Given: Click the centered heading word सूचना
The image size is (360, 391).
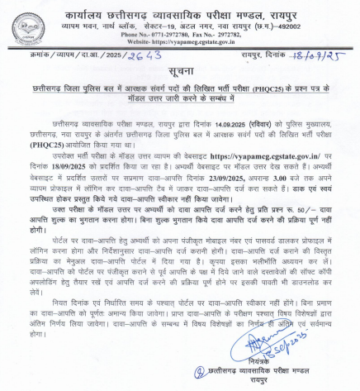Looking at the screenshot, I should [x=179, y=74].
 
